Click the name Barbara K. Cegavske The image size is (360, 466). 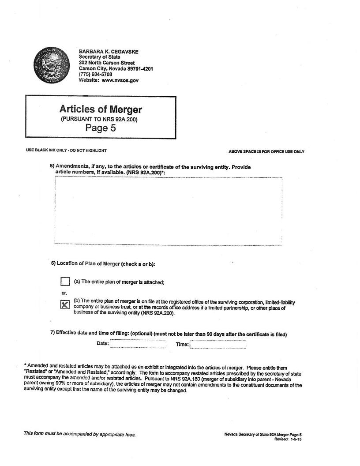(108, 51)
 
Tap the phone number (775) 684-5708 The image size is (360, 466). (95, 75)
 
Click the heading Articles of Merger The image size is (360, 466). (101, 109)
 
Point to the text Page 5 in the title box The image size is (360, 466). (101, 128)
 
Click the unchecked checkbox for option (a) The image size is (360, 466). (65, 282)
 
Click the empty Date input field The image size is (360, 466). (138, 344)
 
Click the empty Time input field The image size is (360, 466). (218, 345)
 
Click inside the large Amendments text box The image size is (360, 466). (168, 211)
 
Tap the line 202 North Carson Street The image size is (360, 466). (107, 63)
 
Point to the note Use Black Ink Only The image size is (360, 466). (66, 151)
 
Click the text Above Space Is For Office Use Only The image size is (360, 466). (266, 152)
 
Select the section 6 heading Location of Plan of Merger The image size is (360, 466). (103, 264)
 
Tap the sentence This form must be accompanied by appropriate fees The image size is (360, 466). (79, 434)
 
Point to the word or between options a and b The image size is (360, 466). (64, 293)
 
